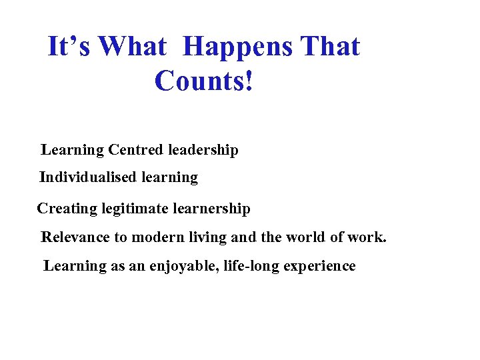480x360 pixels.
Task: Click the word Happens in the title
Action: (x=237, y=47)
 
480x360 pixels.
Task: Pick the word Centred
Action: (x=136, y=150)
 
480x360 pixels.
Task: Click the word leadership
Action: (x=203, y=150)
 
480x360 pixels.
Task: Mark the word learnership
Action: (x=211, y=209)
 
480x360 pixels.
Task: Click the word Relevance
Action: (x=75, y=237)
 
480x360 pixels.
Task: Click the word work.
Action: (x=369, y=237)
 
